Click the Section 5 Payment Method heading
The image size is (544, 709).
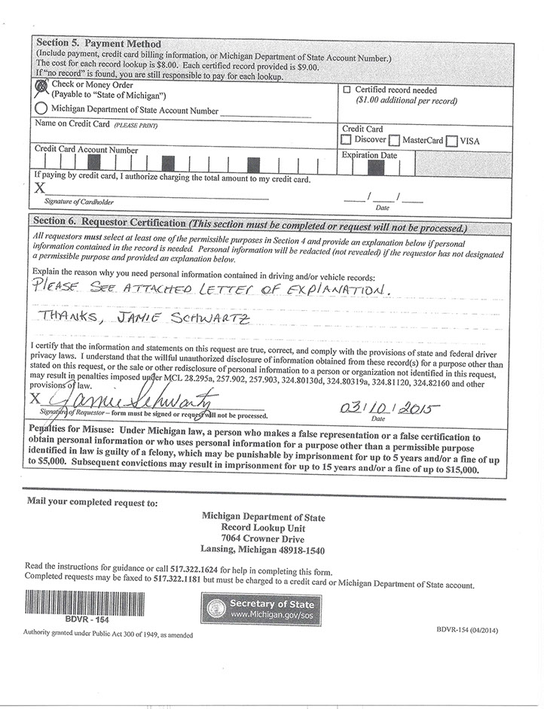99,44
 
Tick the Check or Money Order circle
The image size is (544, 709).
41,87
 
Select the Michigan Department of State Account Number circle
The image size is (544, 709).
41,110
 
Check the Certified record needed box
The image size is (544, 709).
347,90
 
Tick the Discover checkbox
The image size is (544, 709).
346,140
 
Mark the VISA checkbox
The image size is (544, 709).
451,141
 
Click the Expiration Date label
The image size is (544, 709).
369,155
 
